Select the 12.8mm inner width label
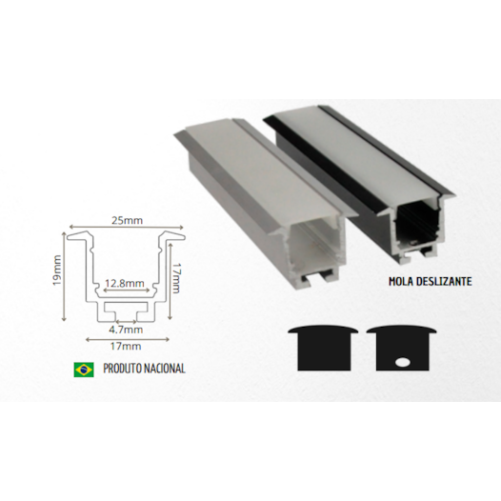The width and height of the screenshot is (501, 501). coord(125,283)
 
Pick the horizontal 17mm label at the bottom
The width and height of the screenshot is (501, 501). coord(125,346)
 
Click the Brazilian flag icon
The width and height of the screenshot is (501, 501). coord(83,369)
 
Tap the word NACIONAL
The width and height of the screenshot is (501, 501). coord(165,369)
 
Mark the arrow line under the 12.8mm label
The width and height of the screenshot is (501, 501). coord(125,291)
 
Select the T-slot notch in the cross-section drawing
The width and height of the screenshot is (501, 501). coord(125,311)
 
